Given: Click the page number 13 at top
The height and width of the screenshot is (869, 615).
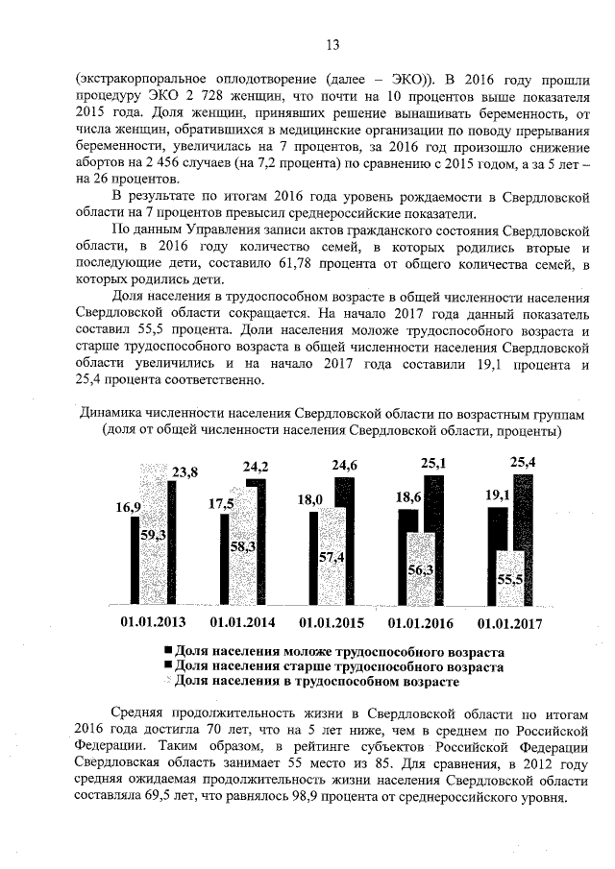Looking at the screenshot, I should [333, 44].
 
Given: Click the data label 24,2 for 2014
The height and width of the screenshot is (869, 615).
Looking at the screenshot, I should [255, 467].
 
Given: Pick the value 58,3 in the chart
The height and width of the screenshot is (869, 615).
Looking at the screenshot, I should [242, 544].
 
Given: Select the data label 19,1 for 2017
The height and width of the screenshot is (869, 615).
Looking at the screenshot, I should [495, 496].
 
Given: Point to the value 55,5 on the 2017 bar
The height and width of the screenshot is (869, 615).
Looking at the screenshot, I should [511, 580].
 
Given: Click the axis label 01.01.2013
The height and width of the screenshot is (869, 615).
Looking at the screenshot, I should [154, 623].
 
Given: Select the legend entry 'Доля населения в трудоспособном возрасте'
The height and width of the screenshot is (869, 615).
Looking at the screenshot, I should [317, 681].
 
